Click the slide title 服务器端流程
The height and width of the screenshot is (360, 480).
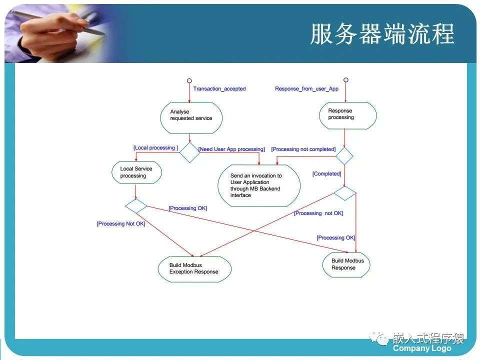[x=382, y=34]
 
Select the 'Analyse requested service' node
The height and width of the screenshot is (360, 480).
[x=191, y=118]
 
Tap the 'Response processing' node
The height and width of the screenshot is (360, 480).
[x=347, y=115]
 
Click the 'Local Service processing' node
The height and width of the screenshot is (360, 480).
[x=136, y=172]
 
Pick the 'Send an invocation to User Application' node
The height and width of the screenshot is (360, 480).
[x=258, y=185]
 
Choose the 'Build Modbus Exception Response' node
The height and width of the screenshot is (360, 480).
[x=194, y=268]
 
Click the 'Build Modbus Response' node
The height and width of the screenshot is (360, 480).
[x=346, y=264]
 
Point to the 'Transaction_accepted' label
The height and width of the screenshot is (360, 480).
[x=219, y=89]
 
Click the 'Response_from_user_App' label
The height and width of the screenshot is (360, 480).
[x=306, y=89]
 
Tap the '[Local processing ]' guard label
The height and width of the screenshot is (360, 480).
[x=155, y=148]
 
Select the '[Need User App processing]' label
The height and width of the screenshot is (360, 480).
[x=231, y=149]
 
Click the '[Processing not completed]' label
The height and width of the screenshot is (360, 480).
[x=303, y=149]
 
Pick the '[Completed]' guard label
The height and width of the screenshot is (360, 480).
[x=326, y=174]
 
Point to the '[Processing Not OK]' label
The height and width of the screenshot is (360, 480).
[x=121, y=223]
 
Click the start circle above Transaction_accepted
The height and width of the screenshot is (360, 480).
[x=189, y=80]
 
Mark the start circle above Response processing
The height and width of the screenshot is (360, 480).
[x=345, y=80]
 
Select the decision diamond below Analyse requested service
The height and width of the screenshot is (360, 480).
[x=189, y=152]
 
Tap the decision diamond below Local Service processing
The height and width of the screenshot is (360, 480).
[x=136, y=205]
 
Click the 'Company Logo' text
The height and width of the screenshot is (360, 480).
[x=422, y=348]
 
